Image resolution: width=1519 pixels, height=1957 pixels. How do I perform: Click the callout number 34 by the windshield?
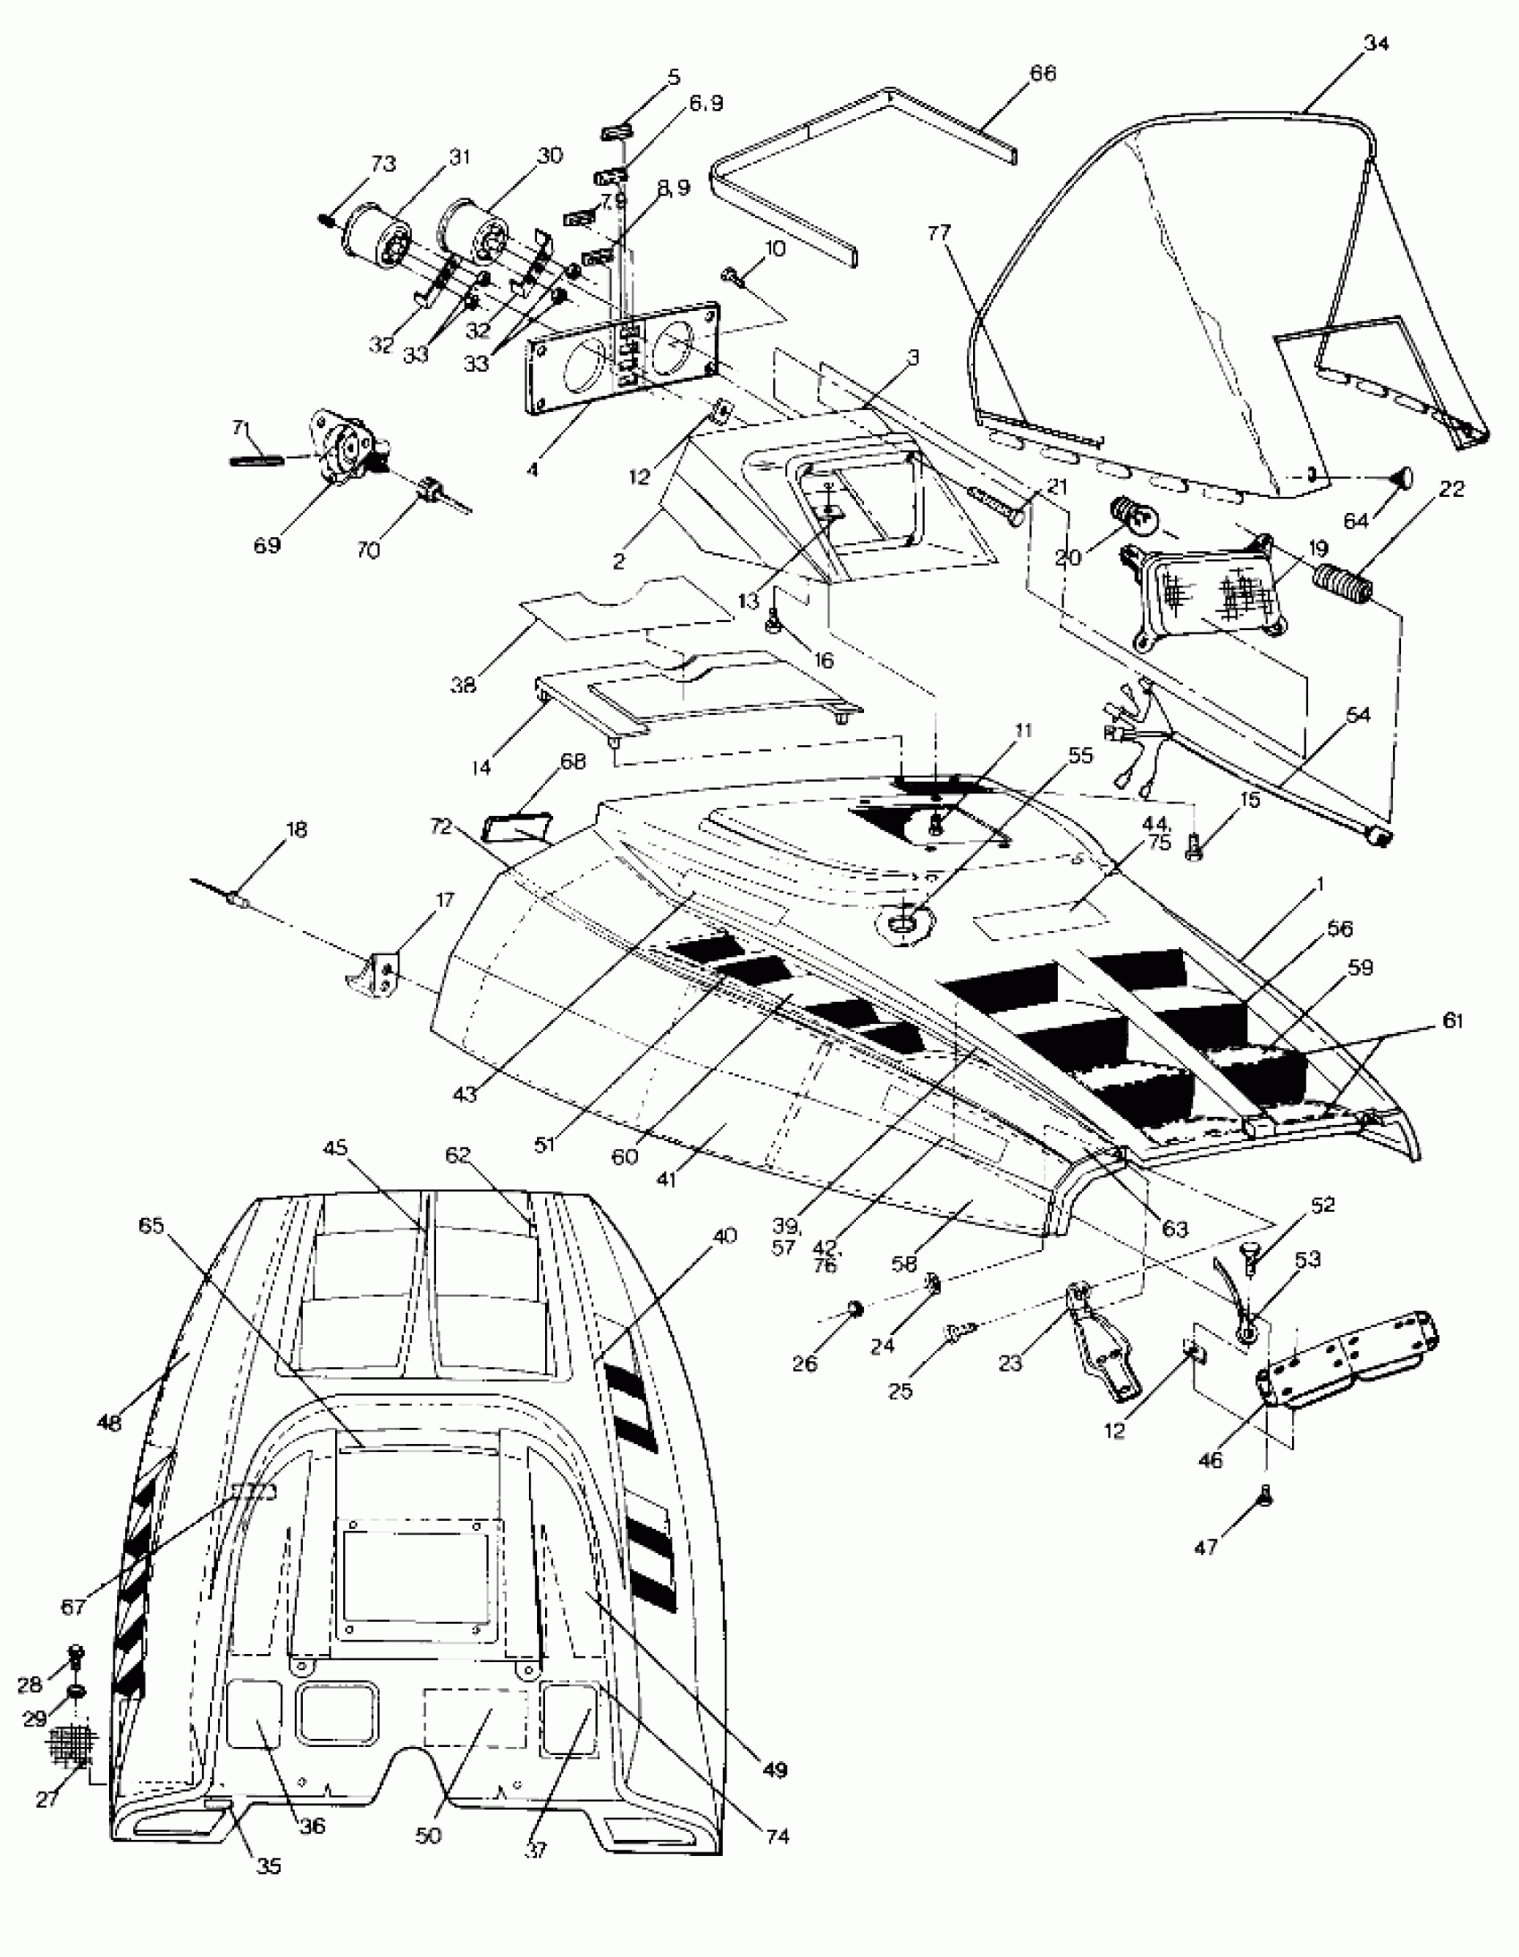point(1376,43)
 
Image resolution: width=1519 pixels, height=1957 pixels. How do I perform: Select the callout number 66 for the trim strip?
point(1043,73)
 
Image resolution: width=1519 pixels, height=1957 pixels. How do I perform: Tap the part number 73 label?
point(382,164)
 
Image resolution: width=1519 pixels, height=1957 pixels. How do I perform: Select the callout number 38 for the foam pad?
point(464,685)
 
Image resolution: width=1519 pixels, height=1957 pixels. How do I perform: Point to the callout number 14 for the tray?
point(483,768)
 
